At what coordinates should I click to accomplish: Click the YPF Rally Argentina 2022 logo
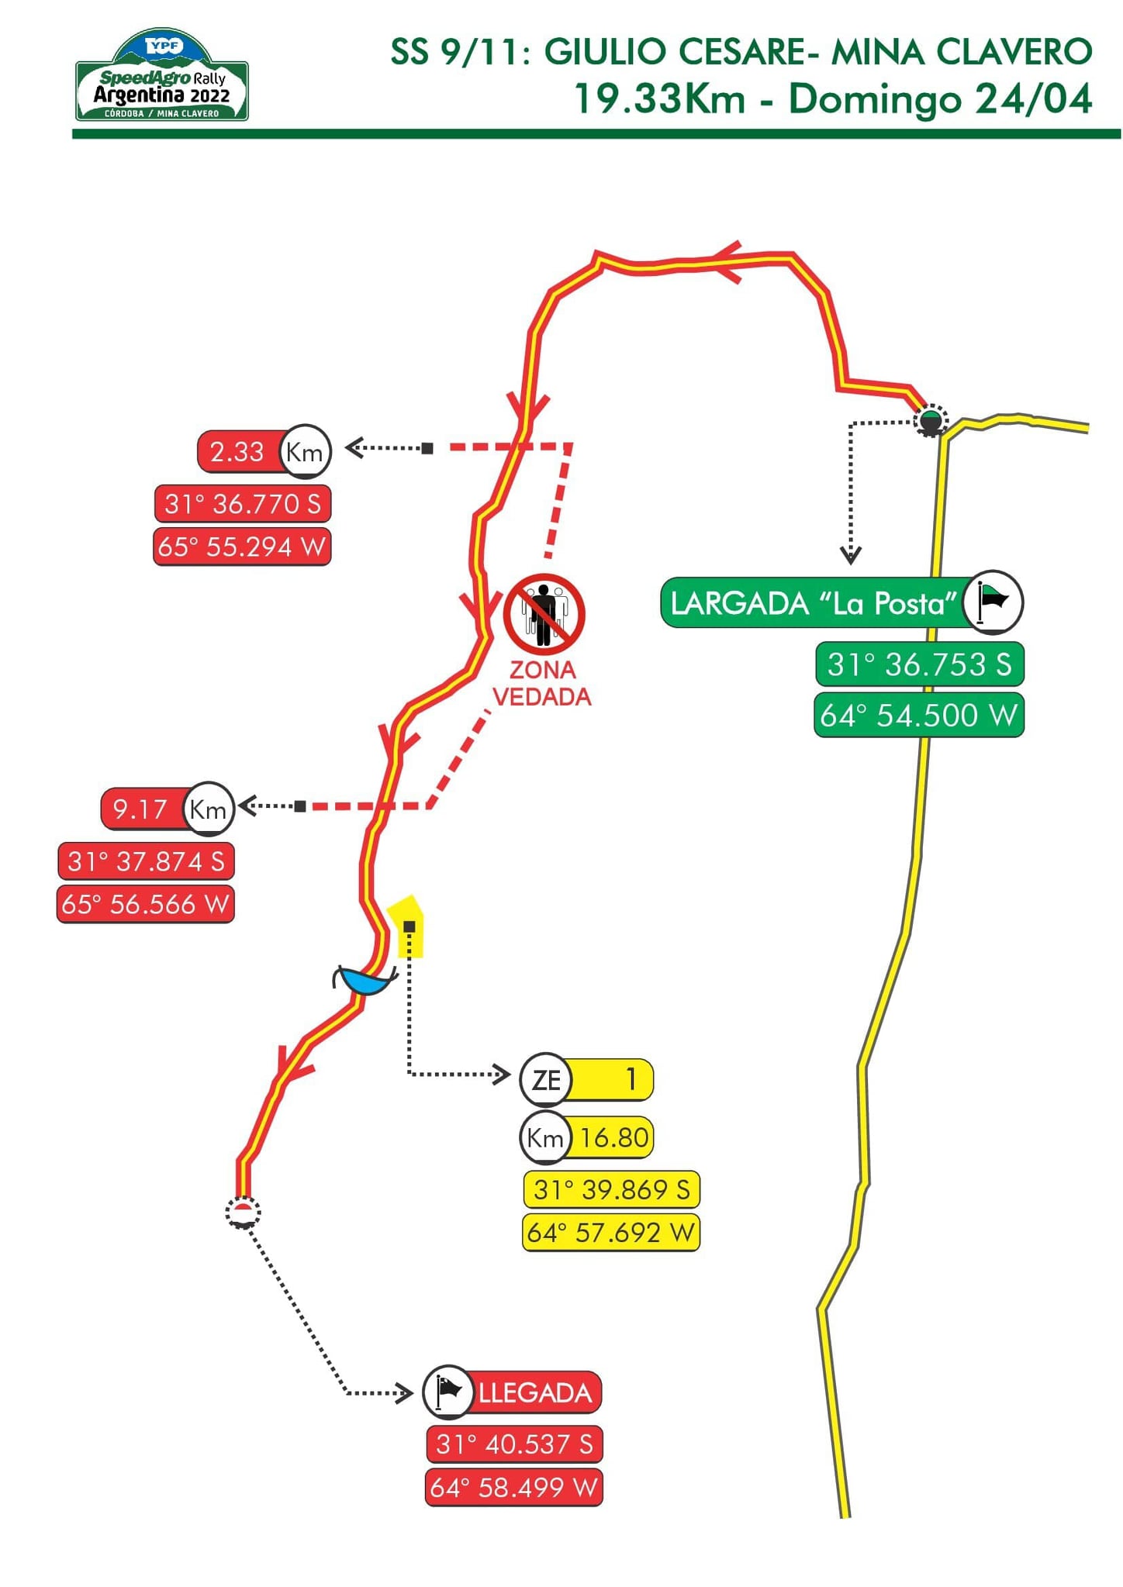[x=162, y=76]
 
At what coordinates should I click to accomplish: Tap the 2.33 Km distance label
[x=264, y=451]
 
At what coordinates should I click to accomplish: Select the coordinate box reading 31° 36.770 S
[x=243, y=504]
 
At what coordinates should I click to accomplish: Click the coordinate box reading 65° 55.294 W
[x=242, y=547]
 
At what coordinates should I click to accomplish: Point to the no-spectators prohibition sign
[x=544, y=615]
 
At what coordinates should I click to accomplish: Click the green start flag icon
[x=993, y=602]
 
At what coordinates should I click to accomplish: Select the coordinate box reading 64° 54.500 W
[x=919, y=715]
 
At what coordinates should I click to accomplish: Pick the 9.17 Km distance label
[x=167, y=809]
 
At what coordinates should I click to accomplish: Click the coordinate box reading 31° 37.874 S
[x=146, y=861]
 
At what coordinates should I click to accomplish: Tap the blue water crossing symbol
[x=365, y=981]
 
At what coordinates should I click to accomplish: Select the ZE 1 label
[x=586, y=1079]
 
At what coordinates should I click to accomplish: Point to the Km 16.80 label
[x=586, y=1137]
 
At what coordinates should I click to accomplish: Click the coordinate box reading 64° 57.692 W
[x=611, y=1232]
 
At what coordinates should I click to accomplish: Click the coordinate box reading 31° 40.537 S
[x=514, y=1444]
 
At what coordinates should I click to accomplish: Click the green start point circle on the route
[x=931, y=421]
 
